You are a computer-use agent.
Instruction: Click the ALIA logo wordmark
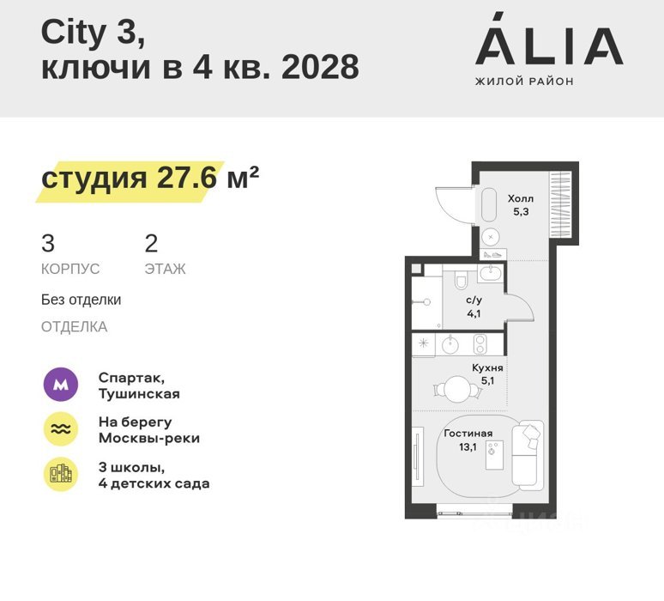(549, 39)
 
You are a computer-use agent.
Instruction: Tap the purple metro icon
(61, 385)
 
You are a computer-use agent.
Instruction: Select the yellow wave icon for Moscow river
(61, 429)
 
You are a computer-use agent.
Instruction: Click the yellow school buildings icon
(61, 474)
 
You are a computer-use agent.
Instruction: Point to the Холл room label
(521, 198)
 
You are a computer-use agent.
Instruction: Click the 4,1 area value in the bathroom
(474, 313)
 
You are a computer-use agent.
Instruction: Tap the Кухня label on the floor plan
(487, 367)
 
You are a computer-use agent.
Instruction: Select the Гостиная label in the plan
(468, 434)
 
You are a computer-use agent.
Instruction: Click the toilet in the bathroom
(461, 280)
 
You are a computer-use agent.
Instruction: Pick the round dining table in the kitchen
(457, 389)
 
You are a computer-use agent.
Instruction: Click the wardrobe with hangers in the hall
(560, 204)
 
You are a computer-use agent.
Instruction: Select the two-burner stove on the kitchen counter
(480, 344)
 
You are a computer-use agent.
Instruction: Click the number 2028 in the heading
(320, 67)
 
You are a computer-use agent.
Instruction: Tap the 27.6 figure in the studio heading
(187, 177)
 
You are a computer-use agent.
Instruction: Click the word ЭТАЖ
(166, 269)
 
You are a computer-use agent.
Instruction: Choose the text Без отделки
(81, 300)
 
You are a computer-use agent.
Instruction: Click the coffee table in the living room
(494, 455)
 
